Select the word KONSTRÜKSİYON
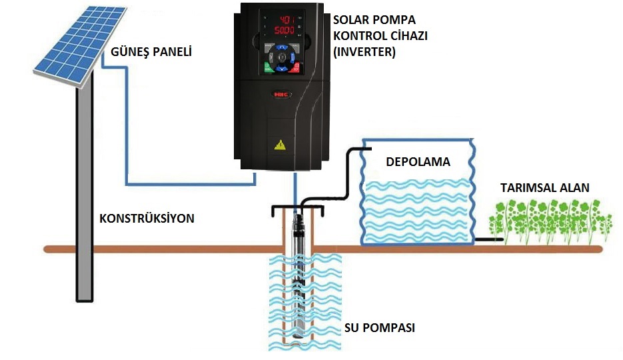tap(147, 218)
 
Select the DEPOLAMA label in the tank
tap(418, 162)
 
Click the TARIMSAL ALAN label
tap(544, 188)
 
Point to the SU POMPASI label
tap(380, 328)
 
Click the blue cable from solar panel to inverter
tap(127, 133)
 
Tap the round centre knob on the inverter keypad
tap(282, 57)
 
